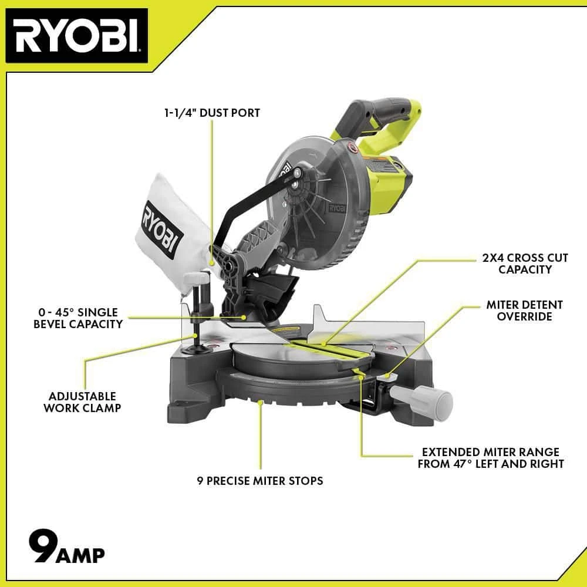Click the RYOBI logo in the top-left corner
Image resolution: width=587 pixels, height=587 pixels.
point(77,36)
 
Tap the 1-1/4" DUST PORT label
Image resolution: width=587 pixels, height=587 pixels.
point(212,113)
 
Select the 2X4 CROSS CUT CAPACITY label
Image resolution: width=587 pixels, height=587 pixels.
point(525,264)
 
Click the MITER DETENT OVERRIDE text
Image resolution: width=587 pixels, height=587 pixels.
point(524,311)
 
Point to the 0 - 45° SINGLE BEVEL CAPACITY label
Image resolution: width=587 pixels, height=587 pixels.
point(78,318)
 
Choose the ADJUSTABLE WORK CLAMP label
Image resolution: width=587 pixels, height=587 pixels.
point(82,402)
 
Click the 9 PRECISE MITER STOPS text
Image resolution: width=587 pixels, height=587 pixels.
point(260,481)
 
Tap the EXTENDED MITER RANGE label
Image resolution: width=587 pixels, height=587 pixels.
point(490,458)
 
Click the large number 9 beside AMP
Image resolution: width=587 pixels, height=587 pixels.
point(43,546)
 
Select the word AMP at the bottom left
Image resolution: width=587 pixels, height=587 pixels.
point(80,555)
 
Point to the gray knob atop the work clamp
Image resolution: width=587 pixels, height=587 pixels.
point(196,278)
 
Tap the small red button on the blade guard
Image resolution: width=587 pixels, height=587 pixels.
point(352,147)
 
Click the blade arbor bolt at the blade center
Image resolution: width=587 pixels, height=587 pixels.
point(297,173)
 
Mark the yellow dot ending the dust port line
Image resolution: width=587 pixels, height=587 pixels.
point(212,263)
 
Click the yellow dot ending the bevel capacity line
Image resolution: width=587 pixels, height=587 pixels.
point(244,318)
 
